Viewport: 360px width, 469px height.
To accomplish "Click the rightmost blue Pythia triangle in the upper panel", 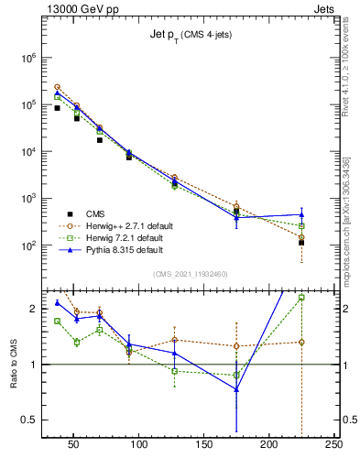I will (x=301, y=214).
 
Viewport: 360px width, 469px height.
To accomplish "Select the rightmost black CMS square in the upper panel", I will (x=301, y=243).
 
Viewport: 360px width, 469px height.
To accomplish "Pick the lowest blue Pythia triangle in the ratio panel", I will (x=236, y=389).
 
